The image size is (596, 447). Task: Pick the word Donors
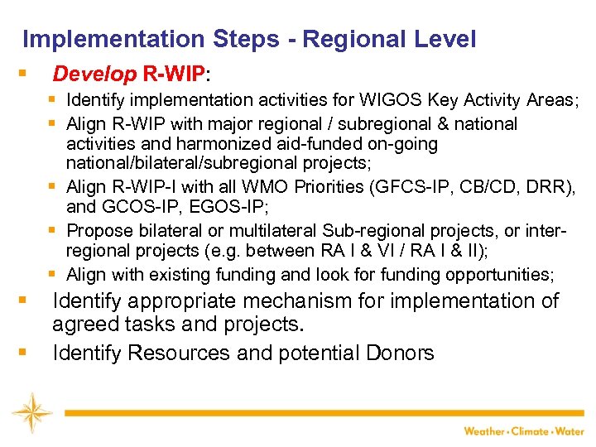coord(400,353)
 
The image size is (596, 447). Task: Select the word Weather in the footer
coord(484,430)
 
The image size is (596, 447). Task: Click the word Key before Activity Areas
coord(442,100)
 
